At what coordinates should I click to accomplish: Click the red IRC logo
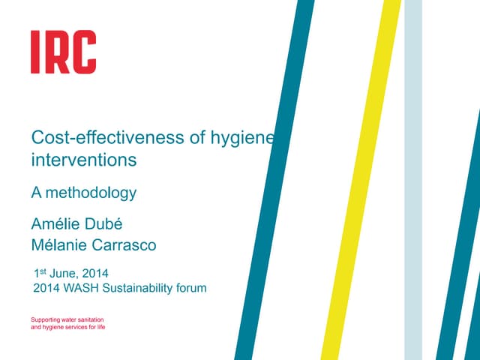click(63, 52)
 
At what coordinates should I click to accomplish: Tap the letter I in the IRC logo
click(35, 52)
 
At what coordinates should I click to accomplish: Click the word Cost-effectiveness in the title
click(95, 139)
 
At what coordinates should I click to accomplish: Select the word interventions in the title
click(83, 160)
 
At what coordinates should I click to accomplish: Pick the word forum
click(190, 288)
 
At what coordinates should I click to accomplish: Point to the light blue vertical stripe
click(413, 180)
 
